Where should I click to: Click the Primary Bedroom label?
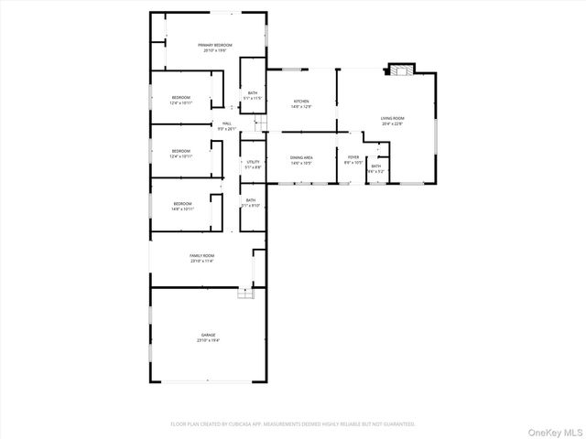point(215,47)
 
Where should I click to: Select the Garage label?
point(208,337)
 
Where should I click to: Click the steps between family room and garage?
point(244,293)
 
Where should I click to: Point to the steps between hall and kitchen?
point(259,123)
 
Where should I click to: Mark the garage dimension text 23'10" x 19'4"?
point(208,341)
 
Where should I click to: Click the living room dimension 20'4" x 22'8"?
point(393,124)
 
